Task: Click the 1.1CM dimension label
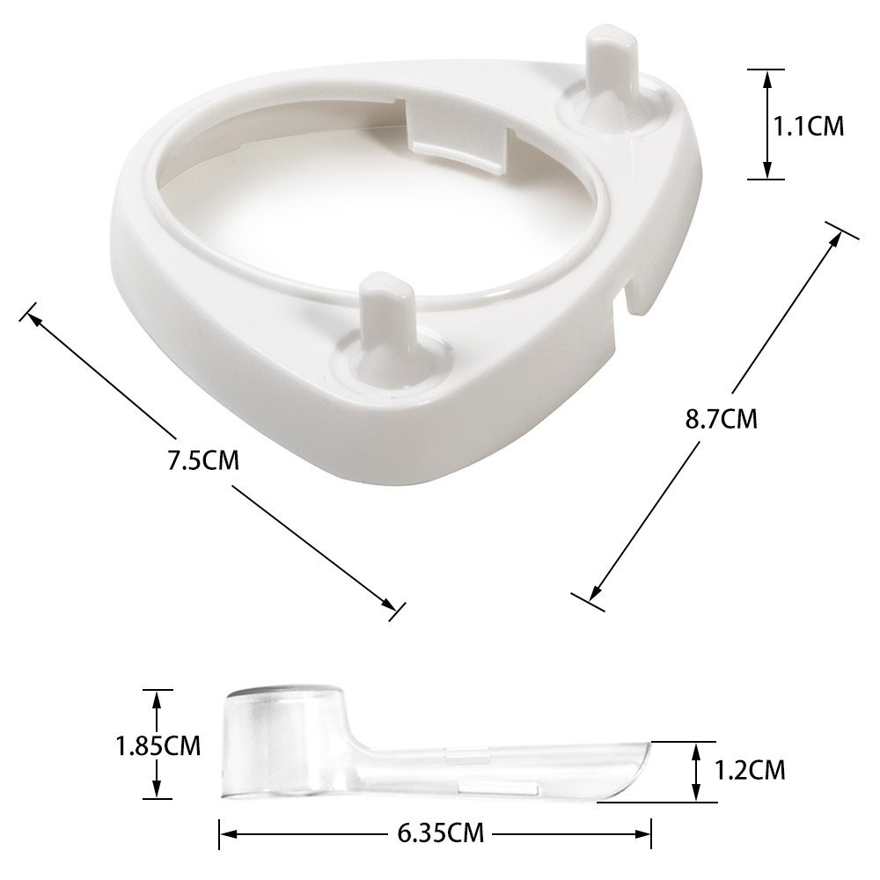pyautogui.click(x=809, y=126)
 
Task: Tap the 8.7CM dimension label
pyautogui.click(x=722, y=419)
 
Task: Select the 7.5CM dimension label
pyautogui.click(x=204, y=460)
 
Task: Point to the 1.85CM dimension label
pyautogui.click(x=158, y=746)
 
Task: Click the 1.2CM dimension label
pyautogui.click(x=750, y=770)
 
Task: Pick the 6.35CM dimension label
pyautogui.click(x=441, y=832)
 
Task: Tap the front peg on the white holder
pyautogui.click(x=386, y=326)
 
